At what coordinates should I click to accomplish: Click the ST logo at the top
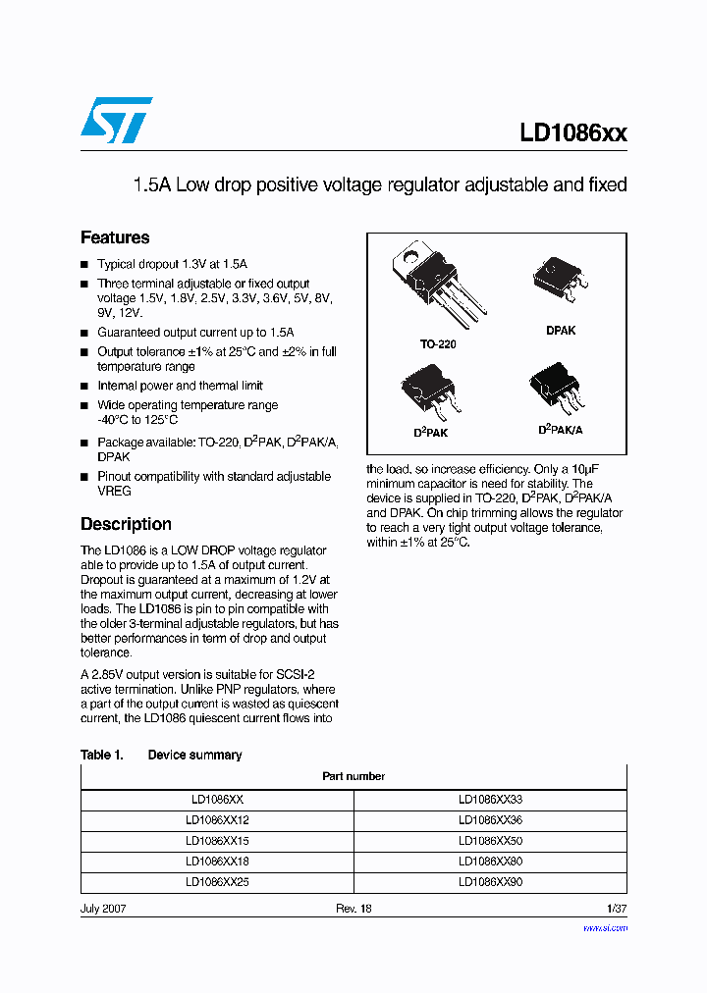coord(116,120)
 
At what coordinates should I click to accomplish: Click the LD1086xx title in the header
coord(573,134)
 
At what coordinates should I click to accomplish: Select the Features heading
coord(115,237)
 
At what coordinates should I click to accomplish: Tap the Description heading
coord(126,524)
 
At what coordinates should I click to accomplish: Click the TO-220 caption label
coord(438,344)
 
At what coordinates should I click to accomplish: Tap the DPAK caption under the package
coord(561,331)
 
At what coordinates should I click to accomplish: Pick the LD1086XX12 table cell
coord(217,820)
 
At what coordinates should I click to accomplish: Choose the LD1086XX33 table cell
coord(490,800)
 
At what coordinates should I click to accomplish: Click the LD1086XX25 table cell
coord(217,882)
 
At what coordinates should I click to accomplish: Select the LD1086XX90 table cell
coord(490,882)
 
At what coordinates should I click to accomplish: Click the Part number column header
coord(353,776)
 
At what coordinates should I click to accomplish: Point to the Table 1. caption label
coord(101,755)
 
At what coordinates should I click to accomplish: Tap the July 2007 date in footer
coord(103,909)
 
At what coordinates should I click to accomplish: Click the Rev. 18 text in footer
coord(353,909)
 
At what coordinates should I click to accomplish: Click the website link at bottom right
coord(605,927)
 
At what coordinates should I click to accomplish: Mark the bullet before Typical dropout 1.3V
coord(84,265)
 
